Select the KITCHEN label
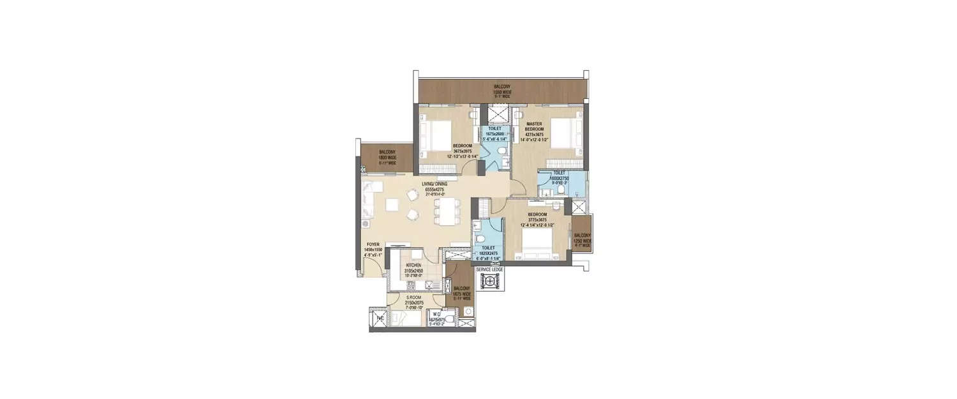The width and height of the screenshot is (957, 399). coord(412,264)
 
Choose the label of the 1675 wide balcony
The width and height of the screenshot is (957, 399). coord(461,291)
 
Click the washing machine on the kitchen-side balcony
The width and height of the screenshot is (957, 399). coord(469,312)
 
